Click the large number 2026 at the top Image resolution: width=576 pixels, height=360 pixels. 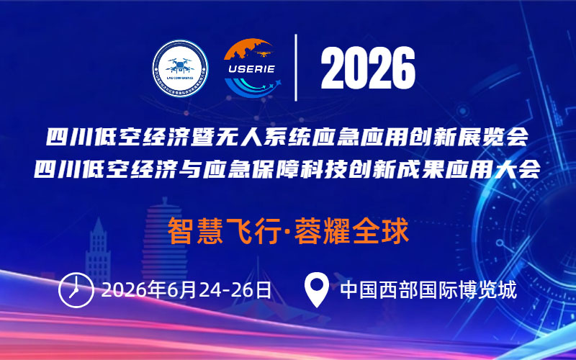coord(368,68)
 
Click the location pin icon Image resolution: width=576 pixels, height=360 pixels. coord(317,289)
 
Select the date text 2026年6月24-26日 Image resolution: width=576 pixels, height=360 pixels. coord(187,290)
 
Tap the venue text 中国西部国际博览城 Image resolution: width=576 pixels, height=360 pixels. coord(428,290)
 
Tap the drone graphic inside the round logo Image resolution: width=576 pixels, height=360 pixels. coord(179,63)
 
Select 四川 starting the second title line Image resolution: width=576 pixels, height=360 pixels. coord(63,170)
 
